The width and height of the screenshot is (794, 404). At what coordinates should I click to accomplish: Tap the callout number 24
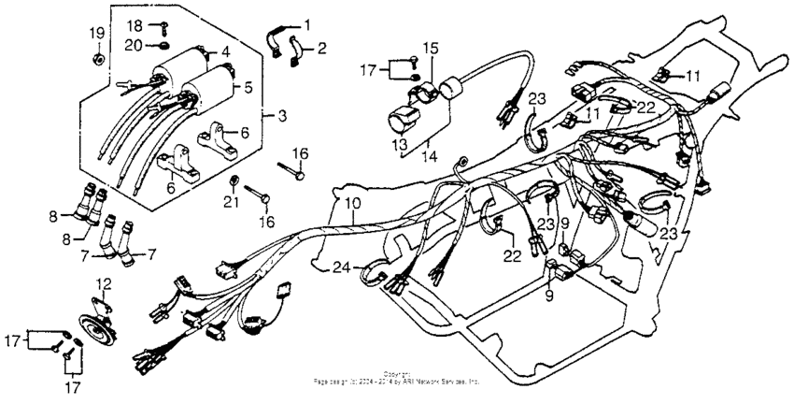point(340,267)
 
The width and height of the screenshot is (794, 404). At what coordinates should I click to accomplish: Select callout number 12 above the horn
point(104,283)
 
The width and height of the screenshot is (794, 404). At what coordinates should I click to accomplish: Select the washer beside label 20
point(163,45)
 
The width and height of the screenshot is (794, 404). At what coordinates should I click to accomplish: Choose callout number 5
point(248,88)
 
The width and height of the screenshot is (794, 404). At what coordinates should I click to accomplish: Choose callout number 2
point(321,47)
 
